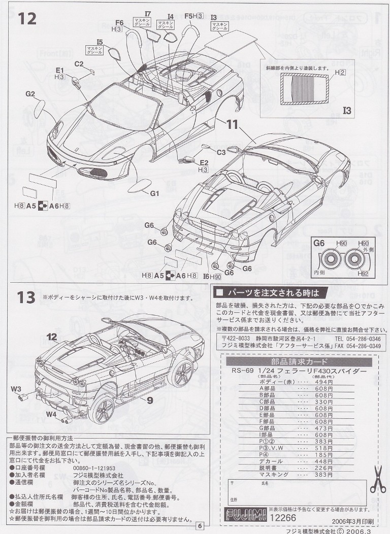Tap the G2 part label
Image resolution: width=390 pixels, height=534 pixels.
click(x=30, y=94)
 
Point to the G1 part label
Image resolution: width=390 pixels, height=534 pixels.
click(x=155, y=193)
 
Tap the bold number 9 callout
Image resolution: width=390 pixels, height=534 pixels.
click(x=150, y=400)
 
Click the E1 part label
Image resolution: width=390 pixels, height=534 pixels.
click(x=60, y=70)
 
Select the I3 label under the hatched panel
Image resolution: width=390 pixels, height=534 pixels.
click(x=347, y=110)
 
